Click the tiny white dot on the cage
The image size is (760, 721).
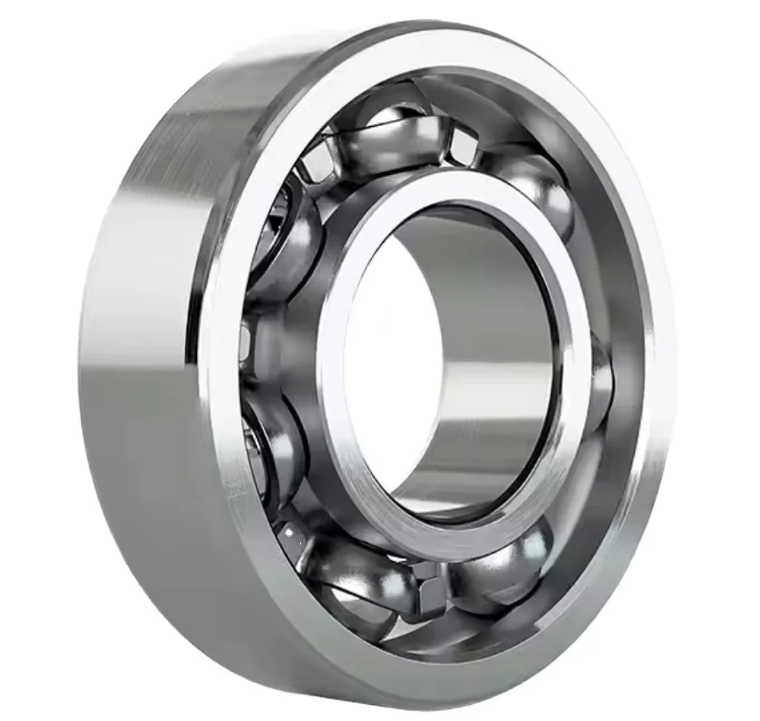[289, 533]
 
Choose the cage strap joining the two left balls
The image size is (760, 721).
[254, 338]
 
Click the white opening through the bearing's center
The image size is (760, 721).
[380, 355]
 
